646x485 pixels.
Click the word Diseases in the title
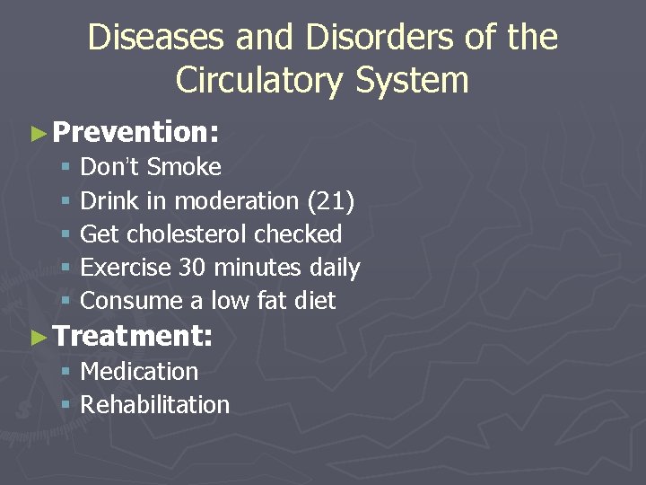pos(147,38)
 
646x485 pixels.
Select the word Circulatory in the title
pos(260,80)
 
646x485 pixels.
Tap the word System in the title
pos(412,80)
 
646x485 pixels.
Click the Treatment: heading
pos(133,337)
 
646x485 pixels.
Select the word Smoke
pos(184,167)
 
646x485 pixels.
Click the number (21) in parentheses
pos(330,200)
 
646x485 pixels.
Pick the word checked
pos(298,234)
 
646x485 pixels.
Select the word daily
pos(334,267)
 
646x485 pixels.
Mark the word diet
pos(315,300)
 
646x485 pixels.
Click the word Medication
pos(139,371)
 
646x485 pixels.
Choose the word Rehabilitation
pos(155,404)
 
